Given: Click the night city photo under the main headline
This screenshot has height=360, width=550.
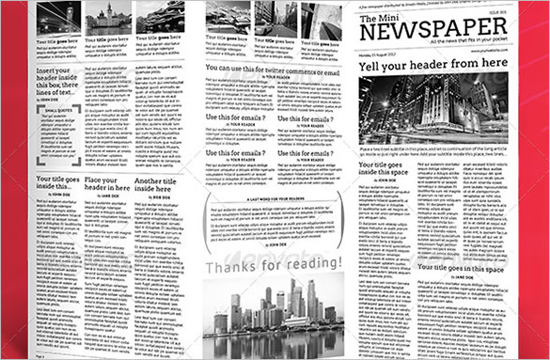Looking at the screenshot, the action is click(432, 108).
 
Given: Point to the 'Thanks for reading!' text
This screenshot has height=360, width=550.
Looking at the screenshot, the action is click(273, 263).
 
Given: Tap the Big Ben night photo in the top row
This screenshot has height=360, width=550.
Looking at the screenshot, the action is click(57, 18).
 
